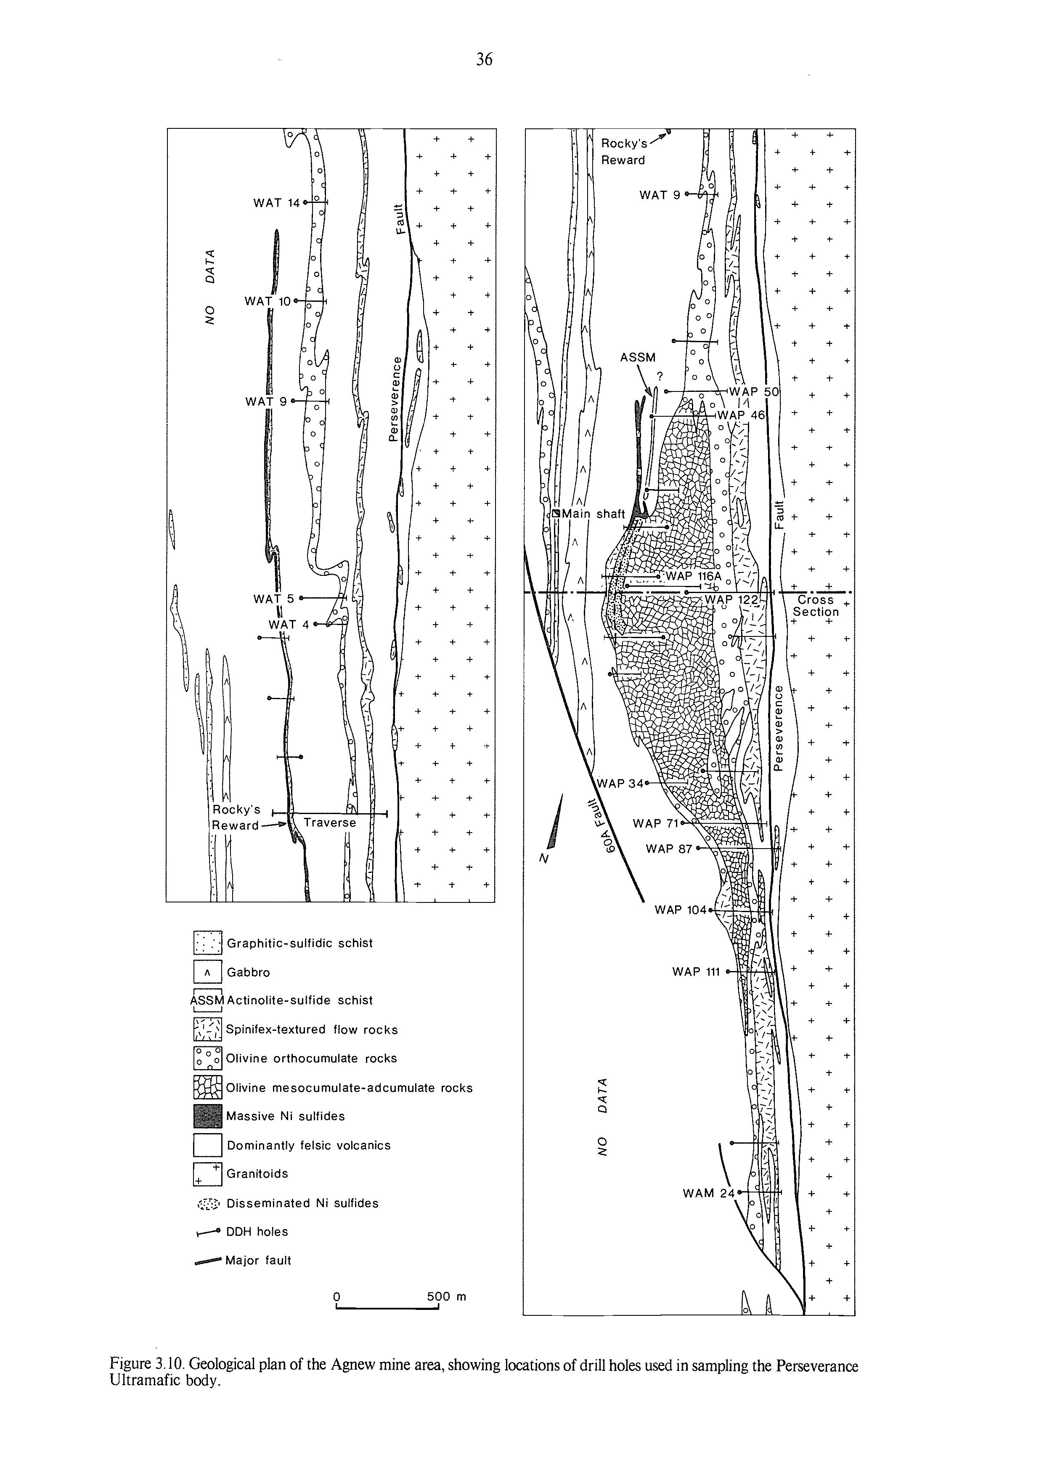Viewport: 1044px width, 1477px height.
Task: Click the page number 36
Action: pos(484,60)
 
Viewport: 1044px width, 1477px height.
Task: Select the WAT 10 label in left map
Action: pos(268,301)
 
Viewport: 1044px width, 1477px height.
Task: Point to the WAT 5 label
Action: pos(273,599)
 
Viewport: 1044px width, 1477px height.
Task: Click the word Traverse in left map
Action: pos(330,823)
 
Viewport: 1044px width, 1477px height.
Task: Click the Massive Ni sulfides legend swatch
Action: pos(207,1116)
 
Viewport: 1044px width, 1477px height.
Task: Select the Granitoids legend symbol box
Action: pos(207,1174)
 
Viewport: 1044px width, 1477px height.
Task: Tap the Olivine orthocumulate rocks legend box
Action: pos(207,1058)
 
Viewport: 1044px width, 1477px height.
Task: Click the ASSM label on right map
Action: pos(638,358)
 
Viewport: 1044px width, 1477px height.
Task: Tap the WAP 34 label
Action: pos(620,783)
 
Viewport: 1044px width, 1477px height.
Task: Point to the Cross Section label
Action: pos(816,606)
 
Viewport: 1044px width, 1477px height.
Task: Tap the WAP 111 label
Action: pos(696,971)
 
